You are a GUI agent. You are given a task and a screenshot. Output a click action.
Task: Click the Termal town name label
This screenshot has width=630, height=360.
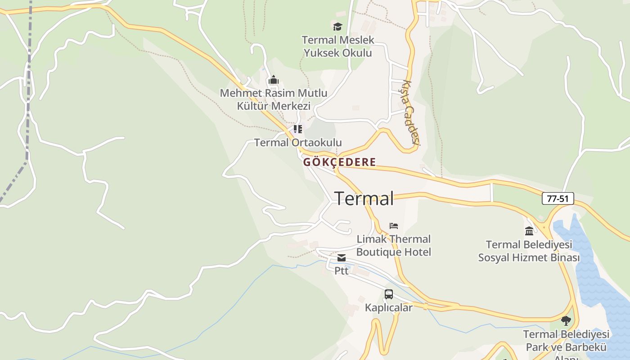pyautogui.click(x=364, y=198)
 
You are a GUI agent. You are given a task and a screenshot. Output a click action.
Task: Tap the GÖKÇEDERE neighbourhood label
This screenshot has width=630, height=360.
pyautogui.click(x=339, y=162)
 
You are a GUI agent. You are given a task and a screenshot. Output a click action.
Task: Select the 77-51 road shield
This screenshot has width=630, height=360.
pyautogui.click(x=558, y=198)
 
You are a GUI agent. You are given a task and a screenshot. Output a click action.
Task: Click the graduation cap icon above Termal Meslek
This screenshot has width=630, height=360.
pyautogui.click(x=337, y=27)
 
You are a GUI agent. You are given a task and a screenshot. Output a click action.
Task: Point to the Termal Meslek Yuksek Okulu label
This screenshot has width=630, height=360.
pyautogui.click(x=338, y=46)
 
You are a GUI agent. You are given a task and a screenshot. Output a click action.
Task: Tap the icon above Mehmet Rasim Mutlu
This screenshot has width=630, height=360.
pyautogui.click(x=273, y=81)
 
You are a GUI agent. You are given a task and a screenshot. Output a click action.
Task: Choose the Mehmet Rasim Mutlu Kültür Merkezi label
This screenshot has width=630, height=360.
pyautogui.click(x=274, y=99)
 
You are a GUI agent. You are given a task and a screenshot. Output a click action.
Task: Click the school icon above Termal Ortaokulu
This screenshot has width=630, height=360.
pyautogui.click(x=297, y=130)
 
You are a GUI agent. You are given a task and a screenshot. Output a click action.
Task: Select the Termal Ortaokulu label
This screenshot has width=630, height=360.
pyautogui.click(x=298, y=143)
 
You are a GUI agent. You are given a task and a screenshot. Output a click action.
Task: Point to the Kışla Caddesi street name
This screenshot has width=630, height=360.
pyautogui.click(x=410, y=112)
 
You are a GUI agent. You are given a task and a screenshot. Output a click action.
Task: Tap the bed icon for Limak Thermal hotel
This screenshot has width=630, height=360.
pyautogui.click(x=394, y=225)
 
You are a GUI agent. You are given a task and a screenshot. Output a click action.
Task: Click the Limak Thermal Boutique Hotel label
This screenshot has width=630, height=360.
pyautogui.click(x=394, y=245)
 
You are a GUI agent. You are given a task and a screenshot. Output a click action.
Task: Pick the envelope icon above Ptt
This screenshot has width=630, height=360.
pyautogui.click(x=342, y=258)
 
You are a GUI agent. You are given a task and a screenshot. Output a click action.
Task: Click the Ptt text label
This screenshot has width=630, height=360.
pyautogui.click(x=342, y=271)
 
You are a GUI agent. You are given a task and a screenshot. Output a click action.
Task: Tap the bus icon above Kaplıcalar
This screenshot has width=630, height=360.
pyautogui.click(x=389, y=294)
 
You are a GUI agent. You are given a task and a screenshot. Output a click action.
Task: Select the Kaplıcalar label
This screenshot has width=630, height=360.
pyautogui.click(x=389, y=308)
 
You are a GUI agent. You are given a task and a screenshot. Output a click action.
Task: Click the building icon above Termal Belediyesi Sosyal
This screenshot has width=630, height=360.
pyautogui.click(x=529, y=231)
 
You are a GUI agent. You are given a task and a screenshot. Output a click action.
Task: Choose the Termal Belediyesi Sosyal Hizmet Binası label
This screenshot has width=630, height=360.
pyautogui.click(x=529, y=251)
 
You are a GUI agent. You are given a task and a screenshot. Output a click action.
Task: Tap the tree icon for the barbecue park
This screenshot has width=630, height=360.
pyautogui.click(x=566, y=321)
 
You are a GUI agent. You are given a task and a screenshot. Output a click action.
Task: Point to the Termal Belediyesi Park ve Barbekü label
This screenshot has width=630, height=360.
pyautogui.click(x=566, y=341)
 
